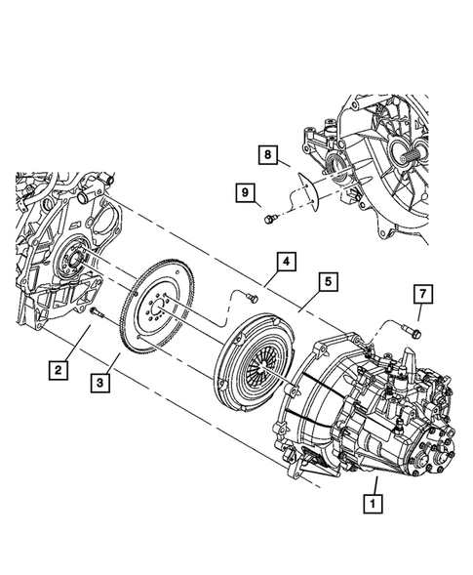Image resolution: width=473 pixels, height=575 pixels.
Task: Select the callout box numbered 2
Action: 59,369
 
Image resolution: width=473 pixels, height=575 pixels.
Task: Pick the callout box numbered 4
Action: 285,262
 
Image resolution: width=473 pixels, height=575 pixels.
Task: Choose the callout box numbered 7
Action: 421,293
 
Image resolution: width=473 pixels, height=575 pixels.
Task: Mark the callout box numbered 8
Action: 267,153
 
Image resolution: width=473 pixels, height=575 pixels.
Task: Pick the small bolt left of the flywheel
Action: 98,312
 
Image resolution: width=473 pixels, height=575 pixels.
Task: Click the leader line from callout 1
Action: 371,486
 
